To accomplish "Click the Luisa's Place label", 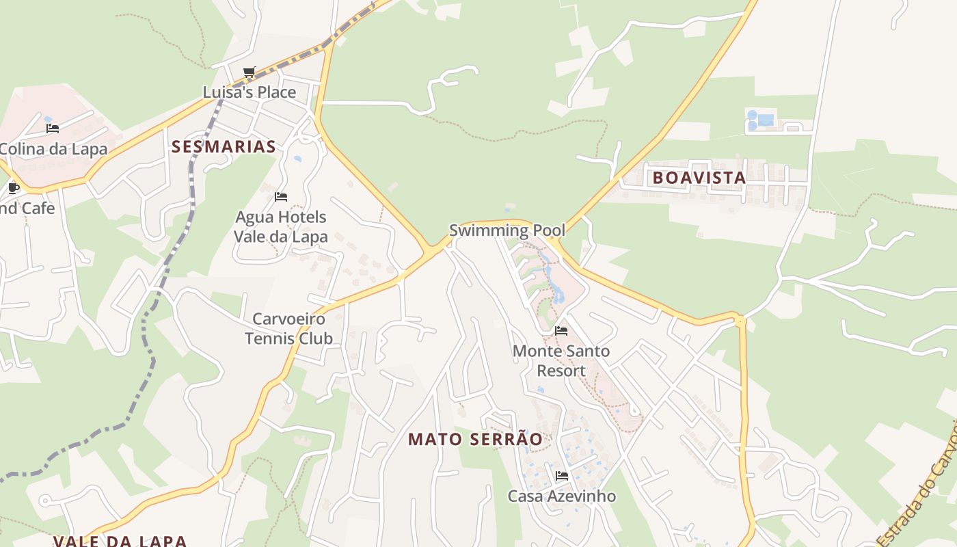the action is point(250,92).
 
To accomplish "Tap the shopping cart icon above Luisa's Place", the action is point(250,72).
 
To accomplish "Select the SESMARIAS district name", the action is point(224,146).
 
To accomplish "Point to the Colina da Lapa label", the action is point(53,149).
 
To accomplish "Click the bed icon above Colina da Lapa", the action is point(53,128).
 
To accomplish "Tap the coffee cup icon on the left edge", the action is point(13,187).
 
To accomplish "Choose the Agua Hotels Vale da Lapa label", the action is point(280,227).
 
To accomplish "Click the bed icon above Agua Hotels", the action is point(280,197).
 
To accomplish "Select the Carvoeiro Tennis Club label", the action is point(288,328).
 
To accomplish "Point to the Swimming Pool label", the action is point(507,230).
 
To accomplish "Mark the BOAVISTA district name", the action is point(699,178).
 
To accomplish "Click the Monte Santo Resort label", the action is point(561,361).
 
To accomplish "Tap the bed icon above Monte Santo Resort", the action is point(561,331).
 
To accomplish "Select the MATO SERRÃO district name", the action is point(476,440).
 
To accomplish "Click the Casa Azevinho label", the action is point(561,496).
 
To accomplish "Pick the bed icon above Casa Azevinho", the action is point(561,475).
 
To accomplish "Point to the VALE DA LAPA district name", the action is point(120,541).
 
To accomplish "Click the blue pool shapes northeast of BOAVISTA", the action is point(761,120).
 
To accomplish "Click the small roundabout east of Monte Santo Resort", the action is point(739,319).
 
